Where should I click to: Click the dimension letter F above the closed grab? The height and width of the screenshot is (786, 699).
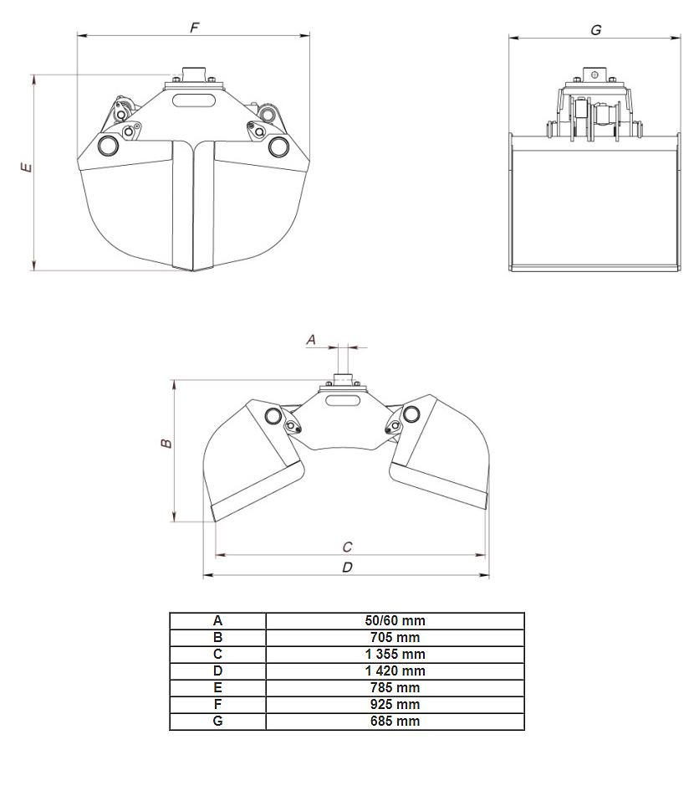point(195,27)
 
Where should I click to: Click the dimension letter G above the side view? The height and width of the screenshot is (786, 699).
point(596,30)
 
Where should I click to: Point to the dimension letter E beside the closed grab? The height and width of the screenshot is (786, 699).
point(26,167)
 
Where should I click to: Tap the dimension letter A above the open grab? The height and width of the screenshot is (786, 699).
point(311,340)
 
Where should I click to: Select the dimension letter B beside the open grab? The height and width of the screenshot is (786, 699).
point(166,443)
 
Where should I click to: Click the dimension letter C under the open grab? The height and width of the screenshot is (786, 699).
point(347,547)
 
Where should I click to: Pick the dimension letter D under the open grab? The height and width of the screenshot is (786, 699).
point(347,567)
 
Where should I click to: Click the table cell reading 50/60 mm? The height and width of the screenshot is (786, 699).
point(395,620)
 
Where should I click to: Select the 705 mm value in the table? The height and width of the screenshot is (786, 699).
point(395,638)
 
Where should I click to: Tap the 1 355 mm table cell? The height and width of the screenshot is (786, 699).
point(395,655)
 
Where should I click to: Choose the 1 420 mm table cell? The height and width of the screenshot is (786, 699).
point(395,670)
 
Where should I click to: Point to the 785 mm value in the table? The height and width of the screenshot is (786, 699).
point(395,688)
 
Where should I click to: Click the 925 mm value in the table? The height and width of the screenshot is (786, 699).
point(395,704)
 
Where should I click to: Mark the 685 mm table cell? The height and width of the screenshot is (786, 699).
point(395,721)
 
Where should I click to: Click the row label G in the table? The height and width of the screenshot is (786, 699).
point(217,721)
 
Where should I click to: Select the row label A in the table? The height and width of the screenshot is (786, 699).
point(217,620)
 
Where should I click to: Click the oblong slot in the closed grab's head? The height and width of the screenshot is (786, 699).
point(194,100)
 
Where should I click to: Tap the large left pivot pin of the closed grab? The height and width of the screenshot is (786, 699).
point(108,145)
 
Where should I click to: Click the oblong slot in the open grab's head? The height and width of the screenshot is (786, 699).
point(343,400)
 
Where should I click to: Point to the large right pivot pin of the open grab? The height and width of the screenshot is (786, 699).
point(411,414)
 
